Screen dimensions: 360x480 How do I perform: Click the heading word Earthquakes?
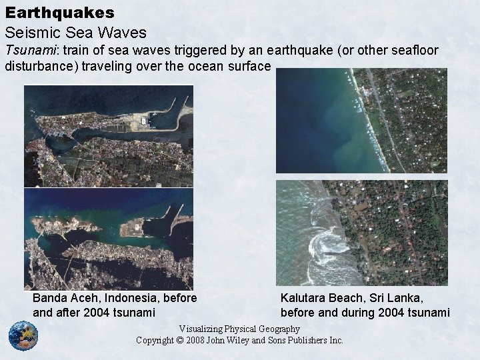point(60,13)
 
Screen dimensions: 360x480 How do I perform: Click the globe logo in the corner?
point(23,336)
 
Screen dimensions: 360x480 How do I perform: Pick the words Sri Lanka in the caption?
point(398,297)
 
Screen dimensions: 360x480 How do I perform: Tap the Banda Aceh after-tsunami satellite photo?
point(109,239)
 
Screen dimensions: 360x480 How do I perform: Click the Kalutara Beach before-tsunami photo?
point(362,120)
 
